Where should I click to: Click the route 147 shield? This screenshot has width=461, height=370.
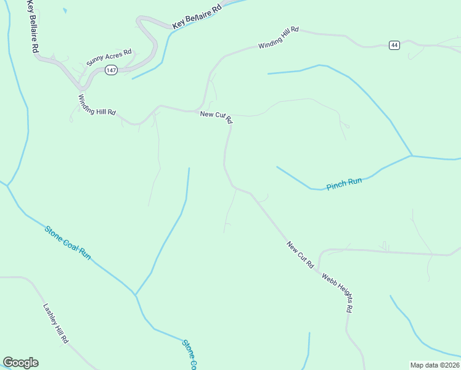click(x=111, y=71)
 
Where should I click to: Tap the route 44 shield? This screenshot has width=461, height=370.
click(x=394, y=45)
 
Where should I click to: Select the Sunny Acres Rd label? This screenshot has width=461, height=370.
click(x=109, y=57)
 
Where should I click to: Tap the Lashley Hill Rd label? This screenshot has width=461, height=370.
click(x=55, y=323)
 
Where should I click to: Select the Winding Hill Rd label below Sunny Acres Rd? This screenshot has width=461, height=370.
click(x=97, y=105)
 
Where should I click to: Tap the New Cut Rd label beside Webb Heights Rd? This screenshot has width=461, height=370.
click(x=300, y=255)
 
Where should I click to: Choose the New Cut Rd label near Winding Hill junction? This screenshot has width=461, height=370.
click(x=216, y=117)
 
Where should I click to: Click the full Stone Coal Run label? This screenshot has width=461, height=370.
click(x=68, y=242)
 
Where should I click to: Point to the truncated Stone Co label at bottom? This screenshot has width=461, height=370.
click(x=189, y=353)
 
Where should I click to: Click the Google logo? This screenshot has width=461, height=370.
click(x=20, y=363)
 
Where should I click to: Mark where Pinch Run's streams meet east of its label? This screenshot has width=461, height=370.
click(x=411, y=155)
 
